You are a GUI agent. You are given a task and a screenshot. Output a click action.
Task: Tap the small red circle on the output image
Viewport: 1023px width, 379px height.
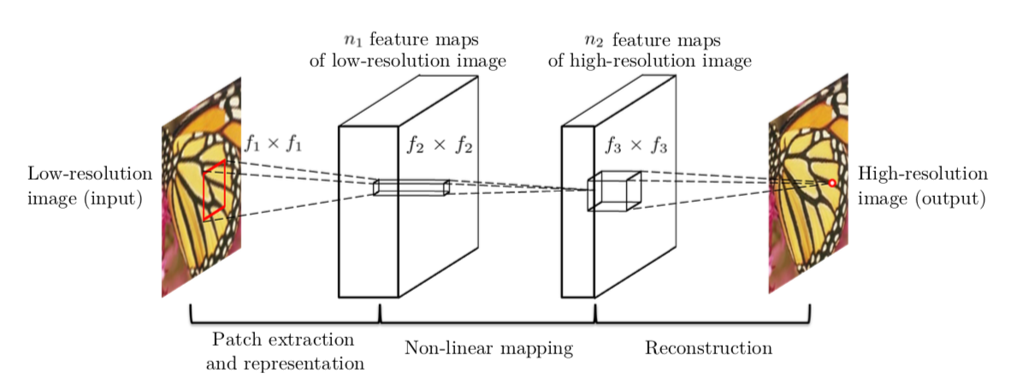pyautogui.click(x=831, y=183)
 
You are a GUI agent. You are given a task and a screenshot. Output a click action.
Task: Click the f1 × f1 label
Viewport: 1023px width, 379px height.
pyautogui.click(x=274, y=144)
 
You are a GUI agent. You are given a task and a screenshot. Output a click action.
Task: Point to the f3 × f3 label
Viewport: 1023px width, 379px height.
pyautogui.click(x=635, y=145)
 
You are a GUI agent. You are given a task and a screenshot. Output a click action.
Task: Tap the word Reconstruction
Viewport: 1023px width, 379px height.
pyautogui.click(x=708, y=348)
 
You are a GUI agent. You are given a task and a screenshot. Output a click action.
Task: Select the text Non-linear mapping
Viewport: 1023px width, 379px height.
pyautogui.click(x=488, y=348)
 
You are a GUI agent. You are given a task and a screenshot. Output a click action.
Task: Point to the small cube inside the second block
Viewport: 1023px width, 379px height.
pyautogui.click(x=613, y=190)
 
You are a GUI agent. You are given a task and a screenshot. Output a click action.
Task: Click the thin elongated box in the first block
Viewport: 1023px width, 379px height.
pyautogui.click(x=411, y=187)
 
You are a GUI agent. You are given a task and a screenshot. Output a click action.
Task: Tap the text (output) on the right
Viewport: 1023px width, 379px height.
pyautogui.click(x=950, y=199)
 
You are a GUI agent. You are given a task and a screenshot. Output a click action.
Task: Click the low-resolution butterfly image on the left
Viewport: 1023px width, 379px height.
pyautogui.click(x=202, y=188)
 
